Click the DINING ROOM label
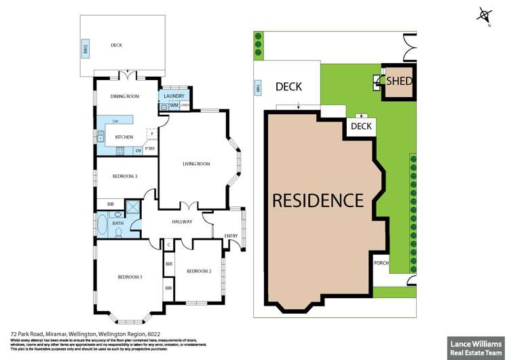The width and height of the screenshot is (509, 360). click(x=125, y=96)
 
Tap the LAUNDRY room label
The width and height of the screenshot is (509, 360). click(x=174, y=96)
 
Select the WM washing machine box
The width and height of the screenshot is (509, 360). click(x=174, y=106)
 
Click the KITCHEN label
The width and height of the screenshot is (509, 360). click(x=124, y=137)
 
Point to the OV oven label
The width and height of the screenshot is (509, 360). click(x=138, y=149)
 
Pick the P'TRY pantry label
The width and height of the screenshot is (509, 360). click(x=149, y=149)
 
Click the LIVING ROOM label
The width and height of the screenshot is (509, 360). click(x=196, y=164)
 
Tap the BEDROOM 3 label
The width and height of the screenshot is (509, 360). click(x=125, y=176)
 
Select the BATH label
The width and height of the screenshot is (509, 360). click(x=117, y=223)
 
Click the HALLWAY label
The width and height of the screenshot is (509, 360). click(x=183, y=221)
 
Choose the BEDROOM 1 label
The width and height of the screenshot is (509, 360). click(x=129, y=276)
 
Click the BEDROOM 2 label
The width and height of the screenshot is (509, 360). click(x=199, y=271)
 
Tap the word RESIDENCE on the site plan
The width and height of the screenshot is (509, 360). click(x=318, y=201)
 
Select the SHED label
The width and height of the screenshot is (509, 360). click(x=400, y=82)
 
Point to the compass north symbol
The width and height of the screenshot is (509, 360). click(x=484, y=15)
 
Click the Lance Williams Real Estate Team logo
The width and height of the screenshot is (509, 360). click(x=474, y=346)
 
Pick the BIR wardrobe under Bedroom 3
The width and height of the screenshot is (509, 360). click(x=111, y=204)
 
